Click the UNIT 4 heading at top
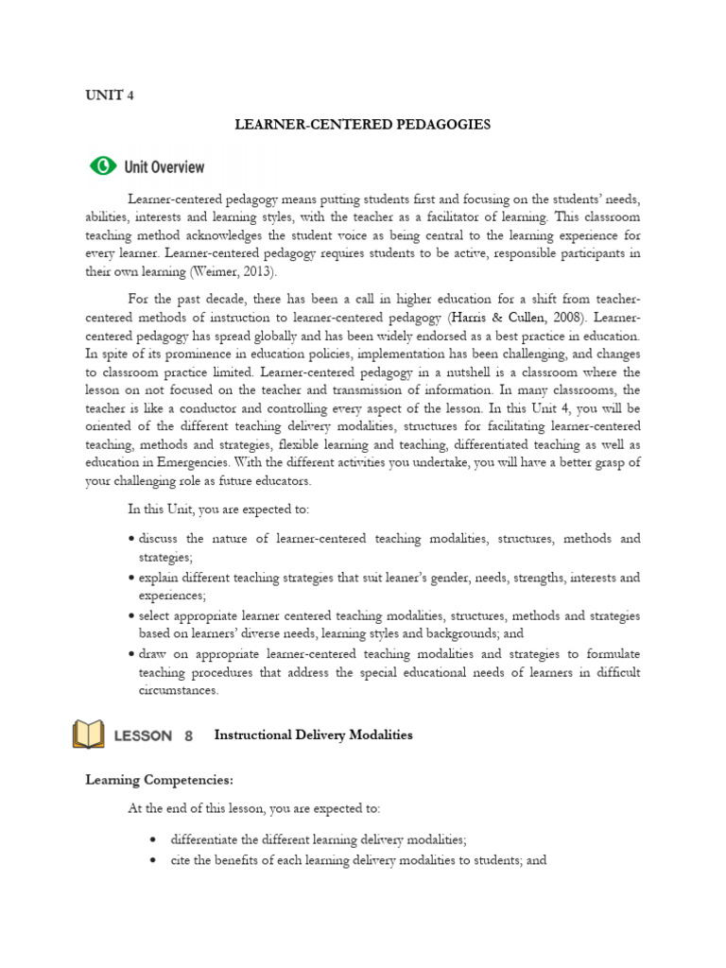coord(104,96)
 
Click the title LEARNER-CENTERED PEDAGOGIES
coord(362,124)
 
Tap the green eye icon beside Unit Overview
coord(102,166)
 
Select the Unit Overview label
coord(164,167)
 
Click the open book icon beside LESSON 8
coord(89,735)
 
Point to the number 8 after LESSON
coord(188,735)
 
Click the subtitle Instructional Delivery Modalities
coord(314,735)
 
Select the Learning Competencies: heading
coord(159,780)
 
